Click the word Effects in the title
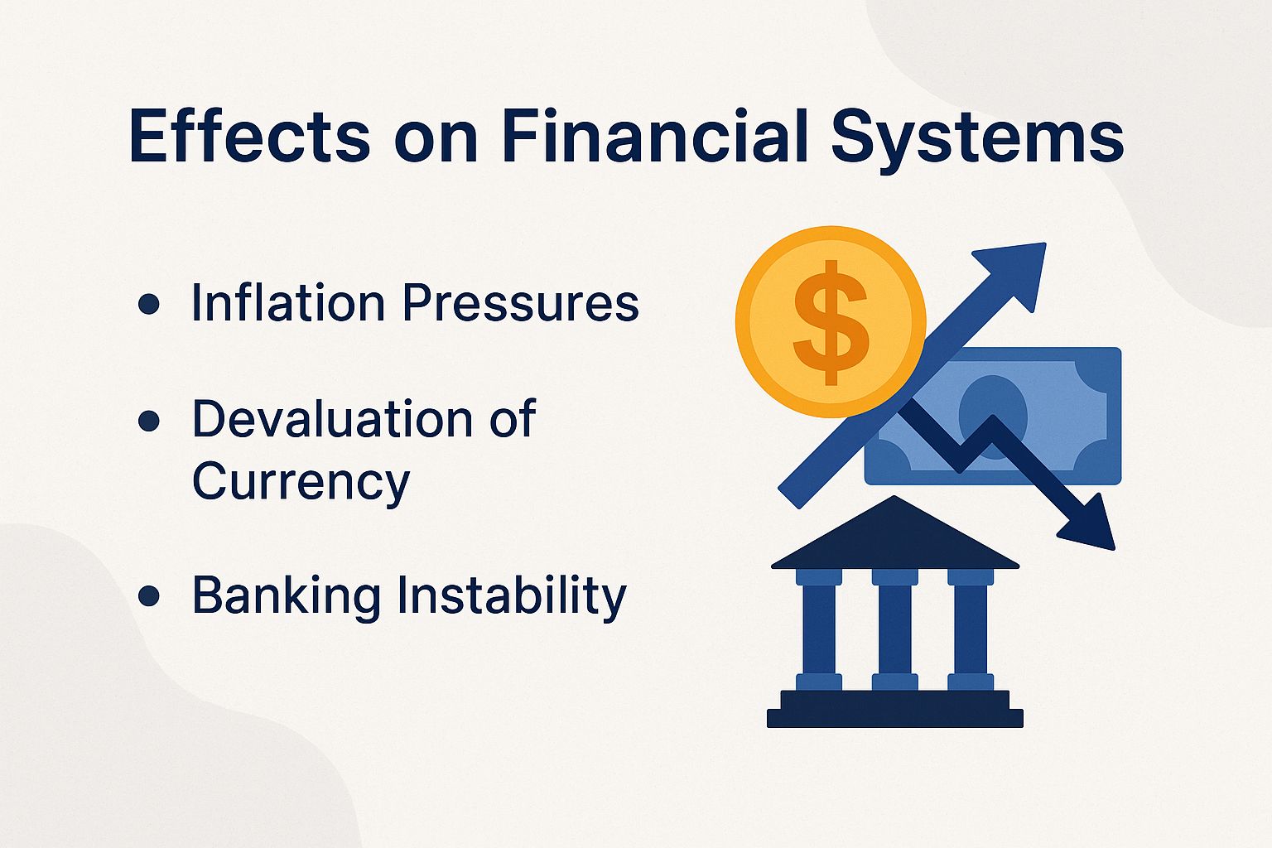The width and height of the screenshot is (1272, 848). (249, 137)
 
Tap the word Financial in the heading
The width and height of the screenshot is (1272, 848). (654, 137)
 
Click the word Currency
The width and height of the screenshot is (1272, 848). (301, 481)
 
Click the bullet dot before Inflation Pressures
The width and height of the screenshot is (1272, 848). (149, 305)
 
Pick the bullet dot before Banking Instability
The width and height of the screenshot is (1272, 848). (149, 596)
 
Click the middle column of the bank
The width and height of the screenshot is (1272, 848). (894, 629)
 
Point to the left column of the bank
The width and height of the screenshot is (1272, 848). (819, 629)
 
